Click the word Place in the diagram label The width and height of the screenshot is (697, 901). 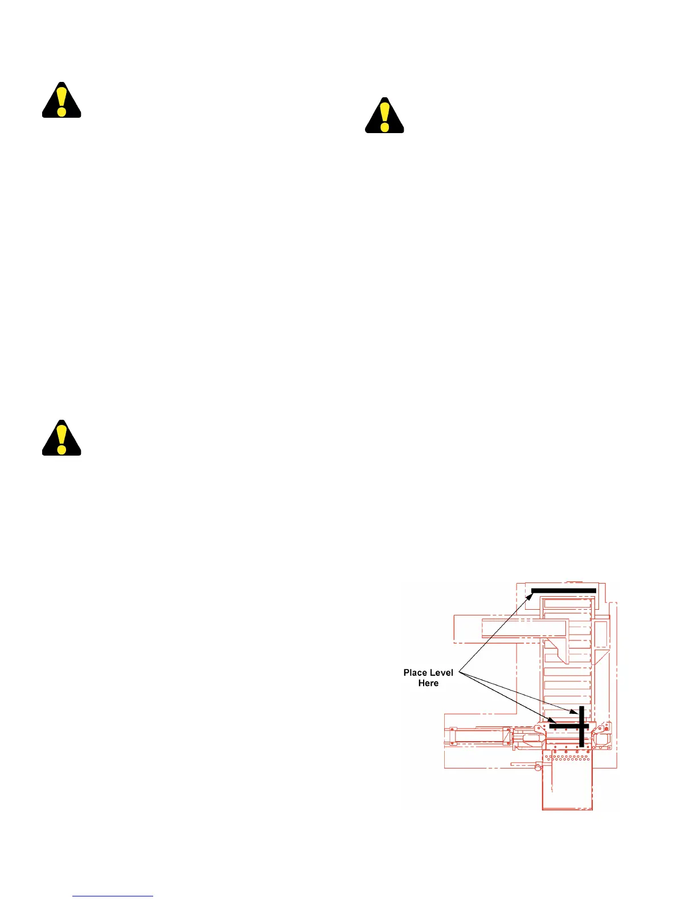[415, 673]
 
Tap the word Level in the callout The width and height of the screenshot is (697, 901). [442, 673]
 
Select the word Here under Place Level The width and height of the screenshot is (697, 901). [428, 683]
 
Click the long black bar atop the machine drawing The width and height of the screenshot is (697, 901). [564, 590]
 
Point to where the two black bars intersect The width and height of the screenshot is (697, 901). [581, 726]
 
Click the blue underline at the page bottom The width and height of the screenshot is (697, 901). [113, 896]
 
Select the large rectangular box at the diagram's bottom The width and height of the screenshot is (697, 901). [567, 785]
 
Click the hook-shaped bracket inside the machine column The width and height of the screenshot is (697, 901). [558, 652]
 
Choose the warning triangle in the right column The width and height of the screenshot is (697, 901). [384, 117]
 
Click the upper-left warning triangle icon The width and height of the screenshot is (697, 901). [61, 101]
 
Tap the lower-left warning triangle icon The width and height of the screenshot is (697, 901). [61, 439]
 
